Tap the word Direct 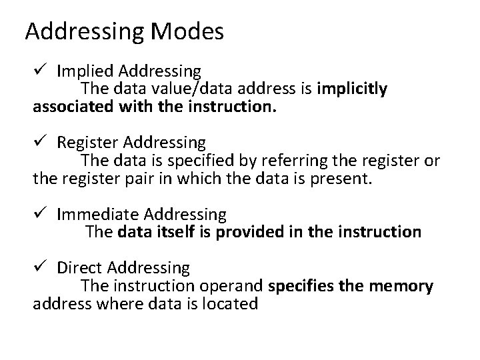(76, 268)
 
